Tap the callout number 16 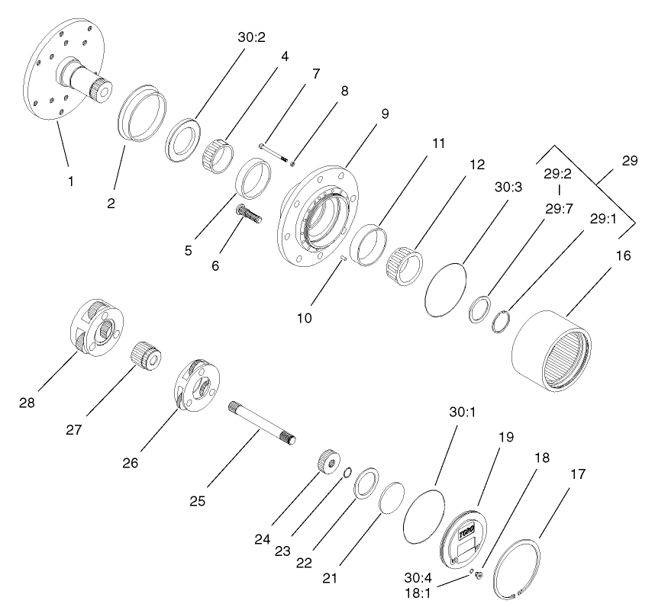click(623, 257)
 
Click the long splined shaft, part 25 click(260, 422)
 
